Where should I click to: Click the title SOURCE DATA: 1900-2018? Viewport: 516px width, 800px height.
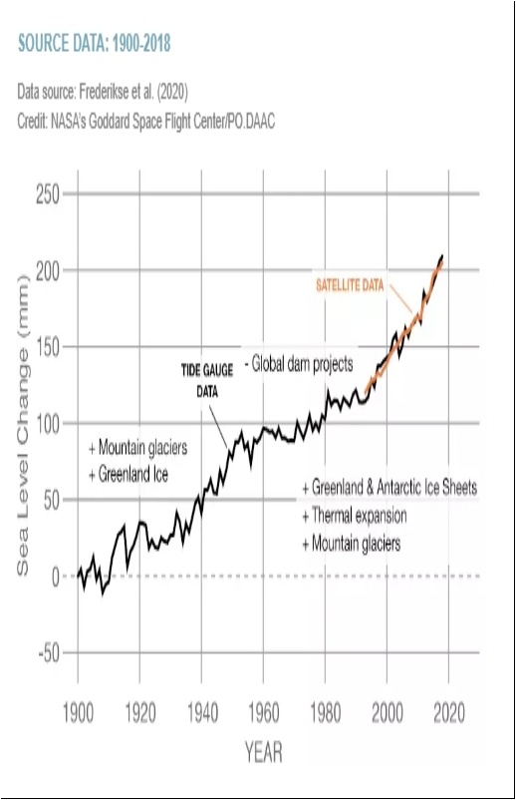pyautogui.click(x=95, y=43)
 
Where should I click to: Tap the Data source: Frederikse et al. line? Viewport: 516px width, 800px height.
pyautogui.click(x=103, y=92)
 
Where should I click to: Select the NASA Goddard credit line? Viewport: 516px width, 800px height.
pyautogui.click(x=146, y=122)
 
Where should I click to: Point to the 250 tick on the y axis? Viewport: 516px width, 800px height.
pyautogui.click(x=48, y=195)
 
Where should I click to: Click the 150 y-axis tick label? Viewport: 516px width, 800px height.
pyautogui.click(x=48, y=347)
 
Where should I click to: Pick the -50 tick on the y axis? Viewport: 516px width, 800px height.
pyautogui.click(x=49, y=652)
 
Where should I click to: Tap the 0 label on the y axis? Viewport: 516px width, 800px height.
pyautogui.click(x=56, y=577)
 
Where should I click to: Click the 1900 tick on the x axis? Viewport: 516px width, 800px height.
pyautogui.click(x=78, y=713)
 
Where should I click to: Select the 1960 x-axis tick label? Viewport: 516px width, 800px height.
pyautogui.click(x=263, y=713)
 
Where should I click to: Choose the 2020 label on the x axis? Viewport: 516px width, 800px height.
pyautogui.click(x=449, y=713)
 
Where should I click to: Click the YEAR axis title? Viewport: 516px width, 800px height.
pyautogui.click(x=263, y=752)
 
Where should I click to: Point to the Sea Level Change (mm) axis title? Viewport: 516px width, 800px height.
pyautogui.click(x=23, y=425)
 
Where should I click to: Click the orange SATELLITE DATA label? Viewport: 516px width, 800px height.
pyautogui.click(x=350, y=284)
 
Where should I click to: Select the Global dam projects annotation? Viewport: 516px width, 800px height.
pyautogui.click(x=299, y=364)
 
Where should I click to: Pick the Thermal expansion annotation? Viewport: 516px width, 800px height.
pyautogui.click(x=355, y=516)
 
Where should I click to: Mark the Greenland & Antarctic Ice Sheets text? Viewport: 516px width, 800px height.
pyautogui.click(x=389, y=488)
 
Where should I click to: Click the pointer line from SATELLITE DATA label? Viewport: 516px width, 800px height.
pyautogui.click(x=401, y=299)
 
